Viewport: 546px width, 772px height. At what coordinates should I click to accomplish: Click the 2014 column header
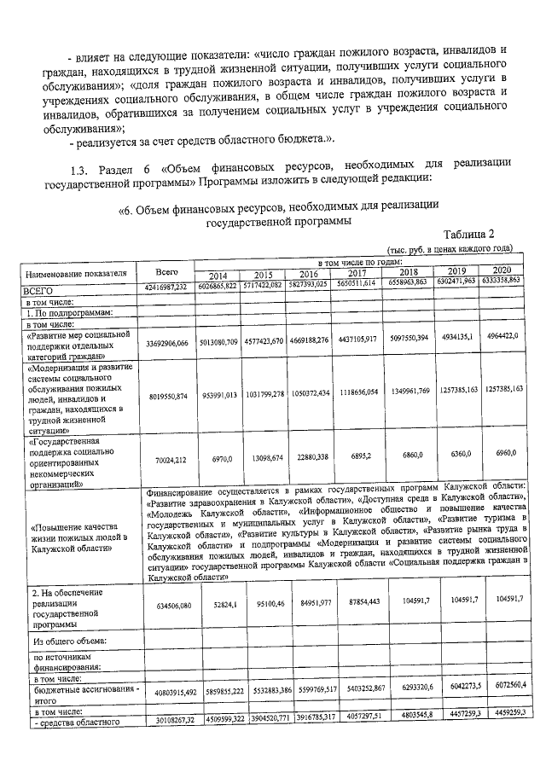[218, 276]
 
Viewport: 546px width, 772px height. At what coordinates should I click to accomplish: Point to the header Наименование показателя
[81, 274]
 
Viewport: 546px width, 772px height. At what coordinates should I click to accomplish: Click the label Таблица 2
[468, 234]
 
